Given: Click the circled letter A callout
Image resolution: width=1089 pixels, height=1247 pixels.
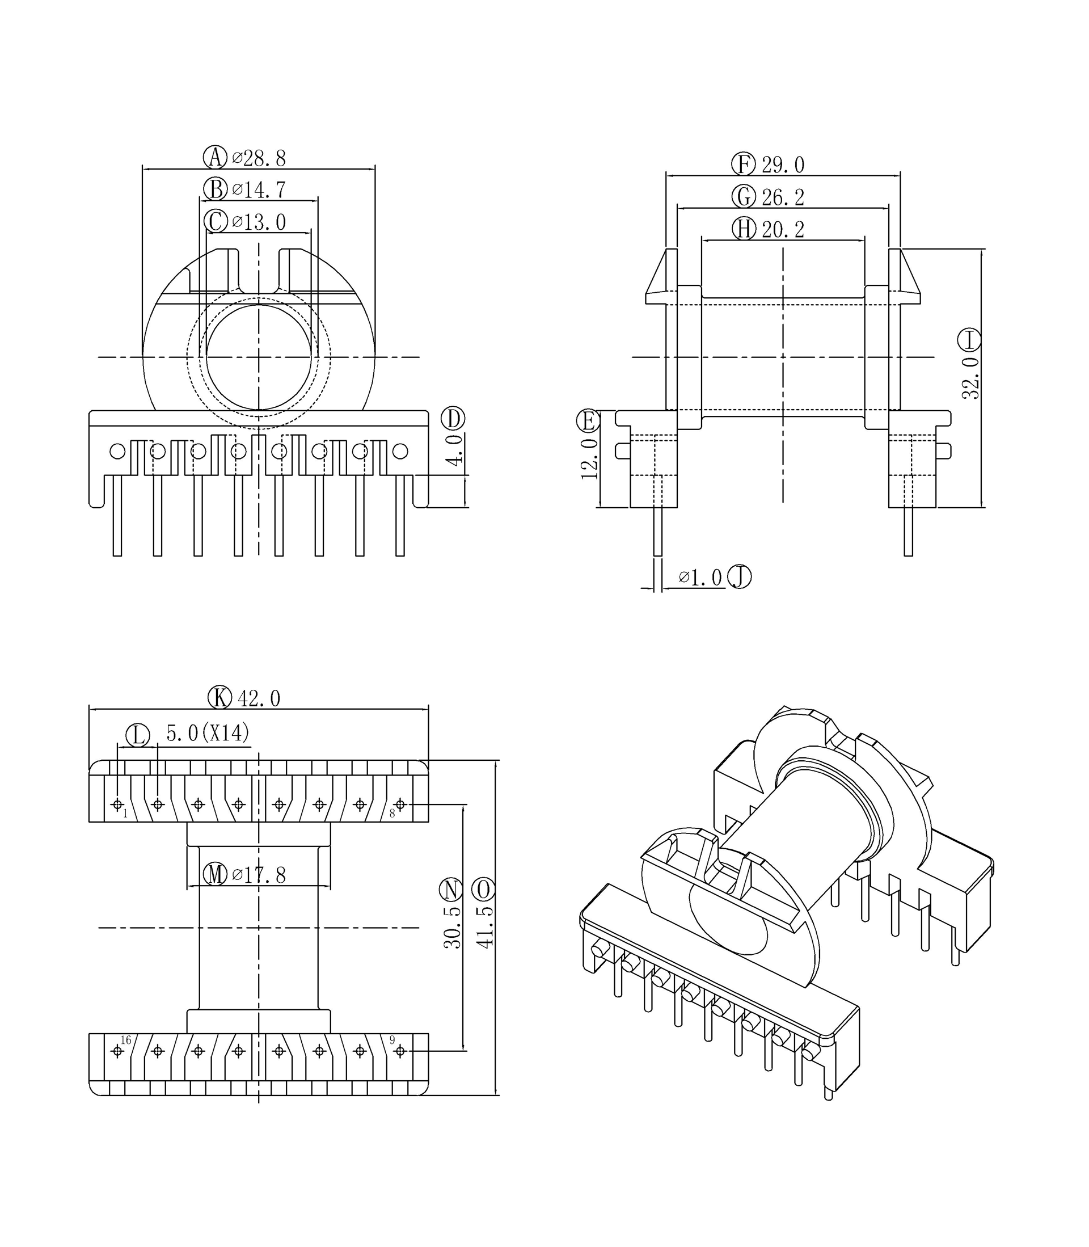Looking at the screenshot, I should click(214, 157).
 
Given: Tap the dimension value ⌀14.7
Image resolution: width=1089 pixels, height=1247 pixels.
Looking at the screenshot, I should click(259, 190).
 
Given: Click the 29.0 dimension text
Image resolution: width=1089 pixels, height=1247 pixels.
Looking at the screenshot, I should click(783, 165).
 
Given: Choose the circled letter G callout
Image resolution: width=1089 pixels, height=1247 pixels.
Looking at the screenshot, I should click(743, 197).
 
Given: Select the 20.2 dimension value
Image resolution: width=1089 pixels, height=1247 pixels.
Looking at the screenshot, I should click(783, 230).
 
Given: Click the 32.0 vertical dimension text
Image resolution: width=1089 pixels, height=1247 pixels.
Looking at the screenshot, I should click(970, 378).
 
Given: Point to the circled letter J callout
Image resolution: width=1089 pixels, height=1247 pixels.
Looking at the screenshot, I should click(740, 577).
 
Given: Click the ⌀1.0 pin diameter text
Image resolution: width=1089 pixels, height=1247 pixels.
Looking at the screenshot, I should click(700, 578).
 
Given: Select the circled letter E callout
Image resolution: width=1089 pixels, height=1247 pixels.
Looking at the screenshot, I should click(588, 420).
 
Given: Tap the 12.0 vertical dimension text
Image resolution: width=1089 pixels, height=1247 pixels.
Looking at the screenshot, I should click(589, 459).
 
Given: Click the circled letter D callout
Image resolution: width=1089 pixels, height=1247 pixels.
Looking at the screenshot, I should click(453, 419).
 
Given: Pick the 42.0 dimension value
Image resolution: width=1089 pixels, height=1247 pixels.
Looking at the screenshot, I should click(259, 699).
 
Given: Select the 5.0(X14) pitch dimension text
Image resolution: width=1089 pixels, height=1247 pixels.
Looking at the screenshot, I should click(208, 734).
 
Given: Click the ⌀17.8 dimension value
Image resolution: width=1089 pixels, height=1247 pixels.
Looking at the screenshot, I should click(259, 875).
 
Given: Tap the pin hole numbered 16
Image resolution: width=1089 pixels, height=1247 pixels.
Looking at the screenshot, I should click(117, 1051).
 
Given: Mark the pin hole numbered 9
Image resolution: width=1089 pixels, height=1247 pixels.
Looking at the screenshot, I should click(400, 1051).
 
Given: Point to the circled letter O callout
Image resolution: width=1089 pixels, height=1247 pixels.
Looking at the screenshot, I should click(484, 890).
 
